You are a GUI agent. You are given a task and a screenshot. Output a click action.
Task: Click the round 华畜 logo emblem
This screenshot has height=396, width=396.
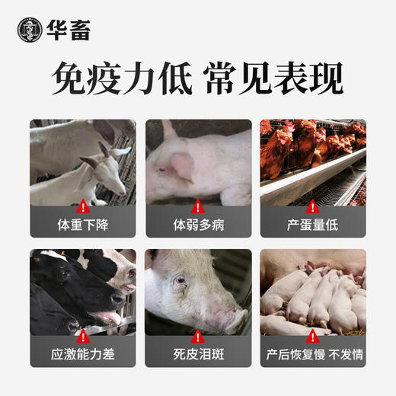point(30,29)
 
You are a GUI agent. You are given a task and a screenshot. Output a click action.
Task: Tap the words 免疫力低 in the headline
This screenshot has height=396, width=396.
point(120,78)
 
